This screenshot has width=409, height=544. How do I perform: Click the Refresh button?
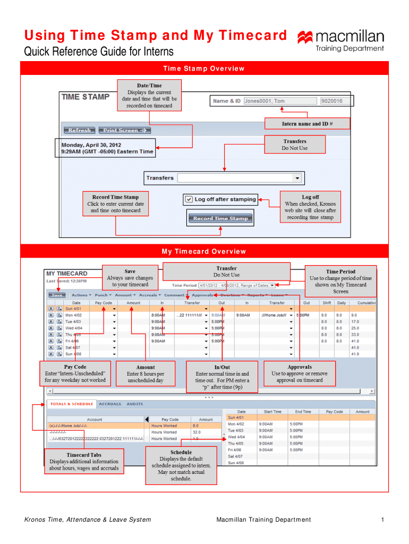tap(80, 130)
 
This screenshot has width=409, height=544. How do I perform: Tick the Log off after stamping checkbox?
tap(189, 200)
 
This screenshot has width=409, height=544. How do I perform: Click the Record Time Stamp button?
tap(220, 218)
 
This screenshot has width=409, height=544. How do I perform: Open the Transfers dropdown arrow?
tap(297, 178)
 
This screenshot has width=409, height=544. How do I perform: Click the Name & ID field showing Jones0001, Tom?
tap(279, 101)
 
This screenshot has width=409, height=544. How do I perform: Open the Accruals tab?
tap(110, 404)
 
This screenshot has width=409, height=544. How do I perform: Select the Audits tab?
tap(134, 404)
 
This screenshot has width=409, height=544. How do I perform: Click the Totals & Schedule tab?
tap(72, 404)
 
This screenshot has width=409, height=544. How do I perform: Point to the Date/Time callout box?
tap(149, 95)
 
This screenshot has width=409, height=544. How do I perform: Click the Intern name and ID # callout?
tap(307, 124)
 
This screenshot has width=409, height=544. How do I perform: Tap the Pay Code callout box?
tap(75, 373)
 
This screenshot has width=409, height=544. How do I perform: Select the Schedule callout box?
tap(181, 465)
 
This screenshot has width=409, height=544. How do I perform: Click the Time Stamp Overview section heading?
tap(204, 69)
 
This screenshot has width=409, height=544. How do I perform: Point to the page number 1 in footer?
tap(382, 520)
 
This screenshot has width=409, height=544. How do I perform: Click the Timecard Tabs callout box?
tap(84, 462)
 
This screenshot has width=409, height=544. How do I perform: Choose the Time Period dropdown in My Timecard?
tap(237, 285)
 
